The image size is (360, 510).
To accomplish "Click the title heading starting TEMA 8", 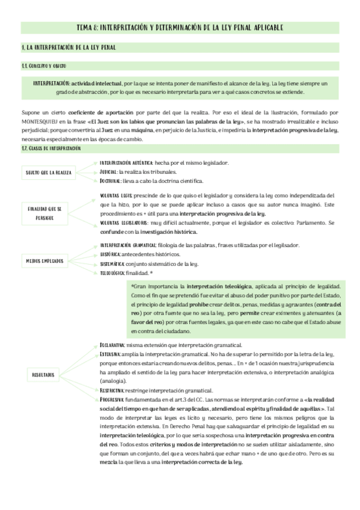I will (x=180, y=28).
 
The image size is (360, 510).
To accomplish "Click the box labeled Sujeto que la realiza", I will (x=49, y=173).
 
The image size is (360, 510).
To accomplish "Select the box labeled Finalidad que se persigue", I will (x=49, y=213).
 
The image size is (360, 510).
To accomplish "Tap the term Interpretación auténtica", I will (x=126, y=163).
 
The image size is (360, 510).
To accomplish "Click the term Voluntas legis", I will (x=116, y=196).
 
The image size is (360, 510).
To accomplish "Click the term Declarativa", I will (x=112, y=345).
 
